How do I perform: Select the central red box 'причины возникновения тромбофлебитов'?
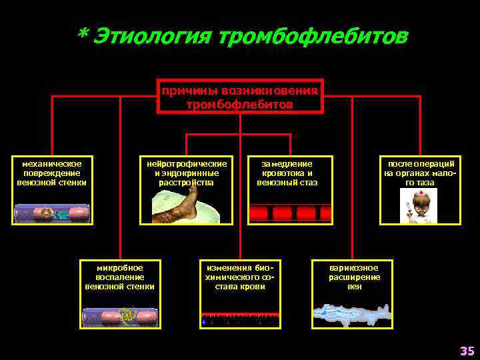[x=240, y=97]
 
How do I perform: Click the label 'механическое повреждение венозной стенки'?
[x=52, y=173]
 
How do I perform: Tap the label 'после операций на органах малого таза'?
[x=420, y=173]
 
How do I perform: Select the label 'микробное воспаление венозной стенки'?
[x=120, y=277]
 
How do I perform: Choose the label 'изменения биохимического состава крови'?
[x=240, y=277]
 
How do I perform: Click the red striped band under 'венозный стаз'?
[x=290, y=213]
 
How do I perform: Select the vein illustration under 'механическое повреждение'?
[x=52, y=213]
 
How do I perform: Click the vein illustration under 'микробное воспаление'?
[x=120, y=317]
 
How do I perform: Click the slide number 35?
[x=465, y=351]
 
